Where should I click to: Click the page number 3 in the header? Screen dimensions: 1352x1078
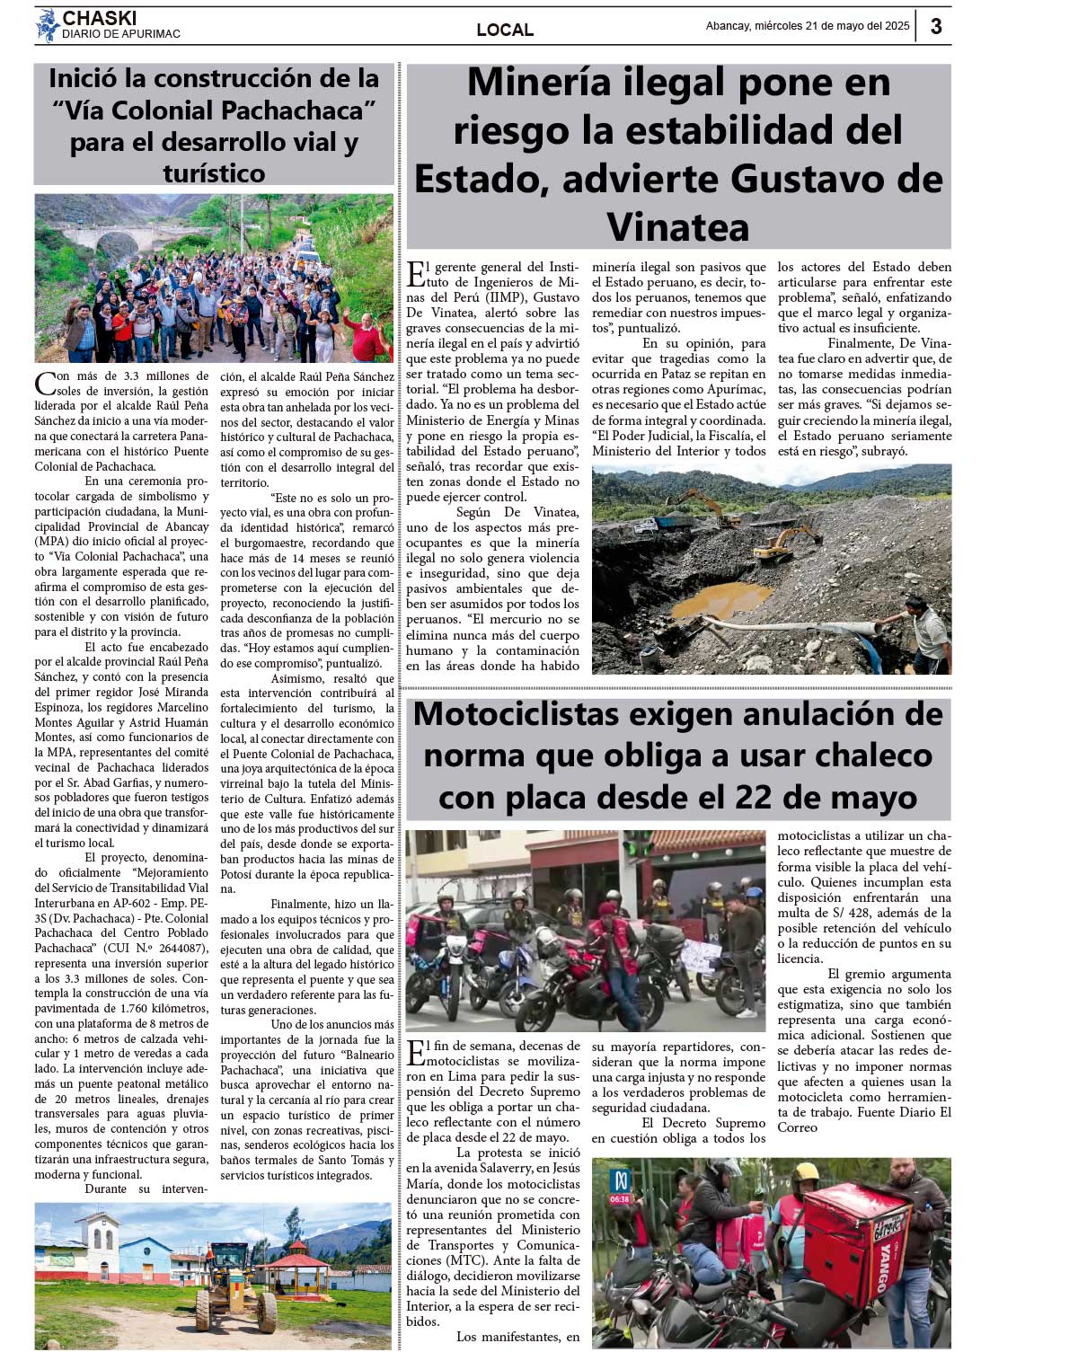[x=936, y=27]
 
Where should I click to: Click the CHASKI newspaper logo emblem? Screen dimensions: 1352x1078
[x=47, y=26]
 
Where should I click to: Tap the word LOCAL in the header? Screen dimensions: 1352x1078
[x=505, y=30]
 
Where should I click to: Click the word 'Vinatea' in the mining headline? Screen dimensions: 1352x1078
[x=677, y=226]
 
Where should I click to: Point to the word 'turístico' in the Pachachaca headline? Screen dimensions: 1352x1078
[x=214, y=173]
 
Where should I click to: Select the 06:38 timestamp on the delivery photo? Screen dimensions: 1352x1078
[x=619, y=1198]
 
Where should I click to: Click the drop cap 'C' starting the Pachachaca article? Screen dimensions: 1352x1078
[x=45, y=384]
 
